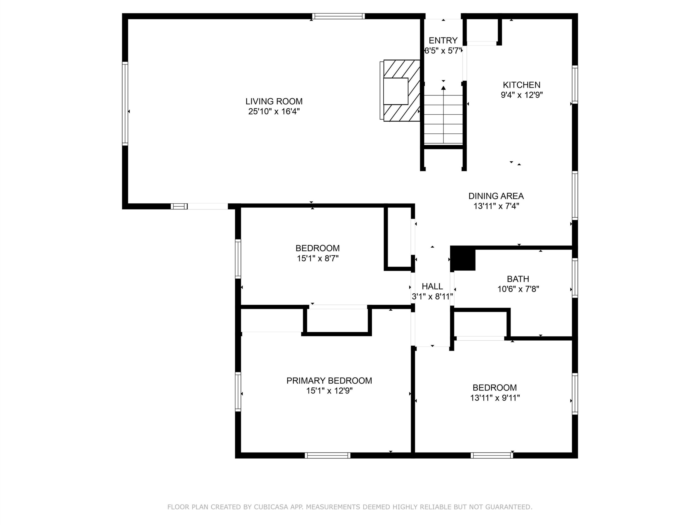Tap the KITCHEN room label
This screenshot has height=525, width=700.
click(521, 85)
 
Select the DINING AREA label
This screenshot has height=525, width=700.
click(496, 196)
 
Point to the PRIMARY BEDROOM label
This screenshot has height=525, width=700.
click(329, 380)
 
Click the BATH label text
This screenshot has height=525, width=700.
click(518, 279)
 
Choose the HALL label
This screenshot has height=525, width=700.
click(432, 286)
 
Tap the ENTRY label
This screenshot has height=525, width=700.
click(443, 40)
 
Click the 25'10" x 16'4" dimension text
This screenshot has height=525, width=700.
click(274, 111)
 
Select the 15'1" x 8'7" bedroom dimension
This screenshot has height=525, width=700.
click(317, 258)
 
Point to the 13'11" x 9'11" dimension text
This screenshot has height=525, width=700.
click(495, 398)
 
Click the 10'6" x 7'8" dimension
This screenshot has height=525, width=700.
click(518, 289)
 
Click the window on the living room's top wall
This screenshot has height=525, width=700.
click(338, 16)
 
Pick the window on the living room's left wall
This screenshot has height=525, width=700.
click(125, 103)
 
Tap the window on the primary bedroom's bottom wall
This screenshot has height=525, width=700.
click(328, 455)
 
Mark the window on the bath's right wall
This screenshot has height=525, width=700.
click(575, 278)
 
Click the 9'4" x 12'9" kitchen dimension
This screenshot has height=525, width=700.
click(521, 95)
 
